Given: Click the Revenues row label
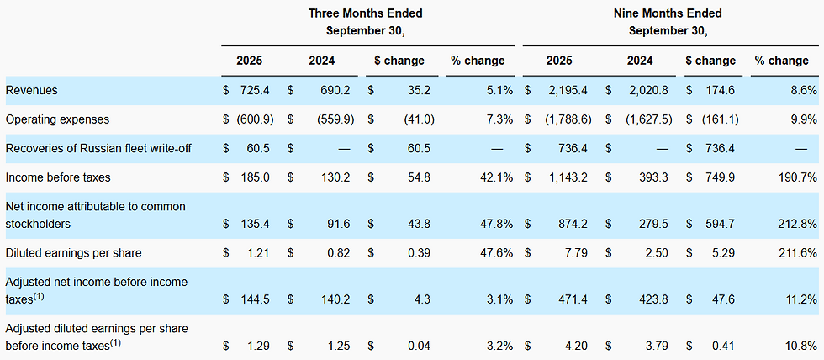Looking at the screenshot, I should point(31,90).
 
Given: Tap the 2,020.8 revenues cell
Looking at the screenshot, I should point(652,90).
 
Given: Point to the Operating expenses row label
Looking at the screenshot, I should point(57,119).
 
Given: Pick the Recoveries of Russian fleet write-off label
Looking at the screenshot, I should point(98,148).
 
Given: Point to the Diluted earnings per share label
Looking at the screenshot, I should point(72,253).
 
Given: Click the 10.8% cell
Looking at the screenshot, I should point(801,345).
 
